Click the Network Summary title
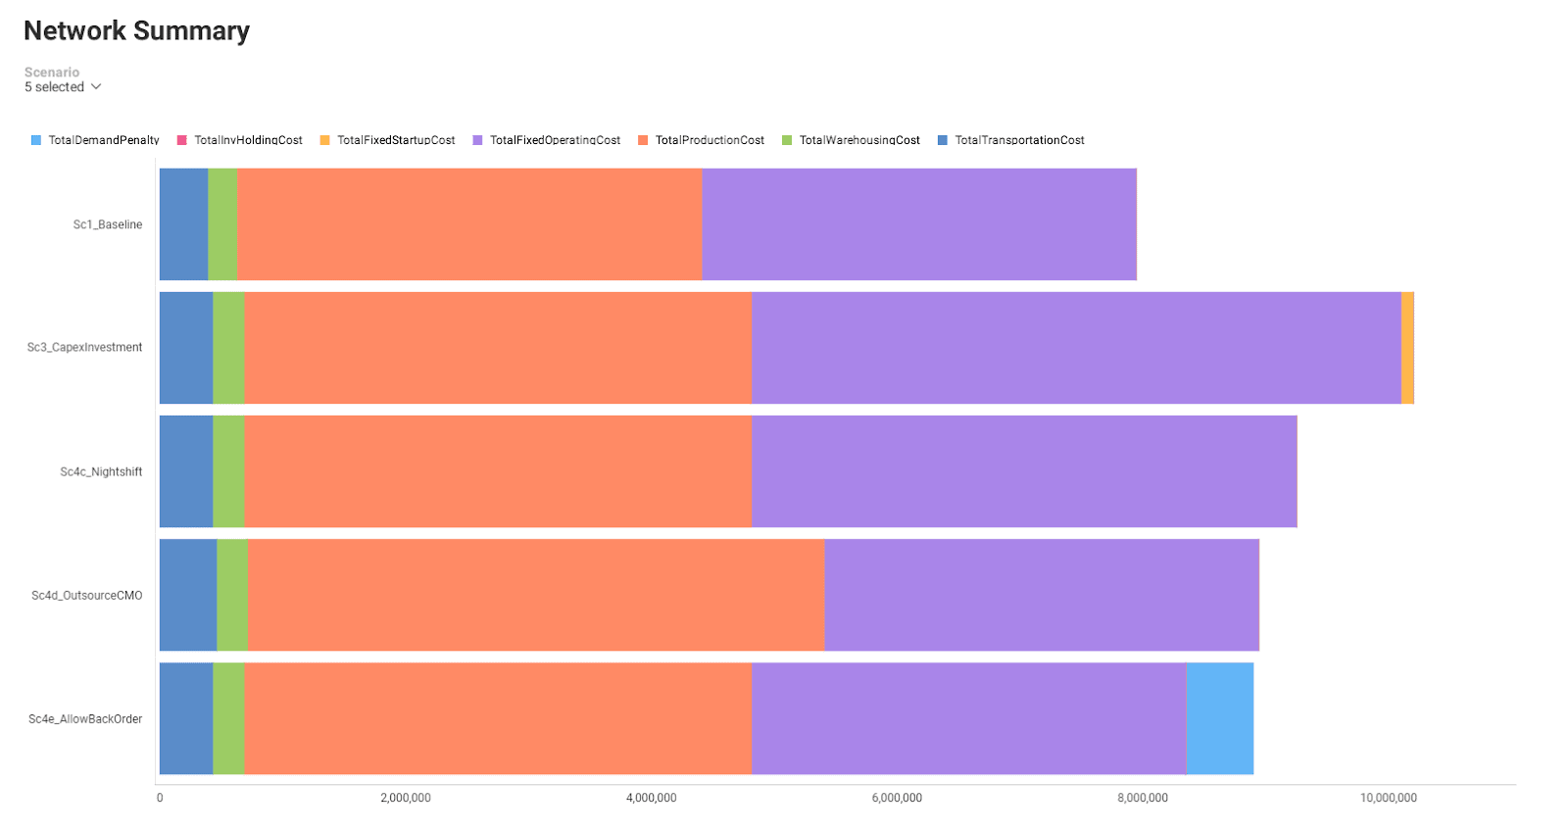tap(136, 31)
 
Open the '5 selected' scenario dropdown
tap(64, 87)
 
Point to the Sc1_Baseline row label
tap(108, 224)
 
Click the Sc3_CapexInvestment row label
tap(85, 347)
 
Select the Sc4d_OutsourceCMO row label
tap(87, 595)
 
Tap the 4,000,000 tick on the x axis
tap(651, 798)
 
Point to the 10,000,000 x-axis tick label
tap(1388, 798)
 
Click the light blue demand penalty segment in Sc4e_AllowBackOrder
tap(1220, 718)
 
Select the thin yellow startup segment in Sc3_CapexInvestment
tap(1407, 347)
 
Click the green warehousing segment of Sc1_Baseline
tap(222, 224)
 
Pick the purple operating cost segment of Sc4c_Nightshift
tap(1024, 471)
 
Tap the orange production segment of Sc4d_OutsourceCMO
tap(536, 595)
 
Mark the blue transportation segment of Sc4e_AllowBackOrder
tap(186, 718)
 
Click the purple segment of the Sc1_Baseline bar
tap(919, 224)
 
